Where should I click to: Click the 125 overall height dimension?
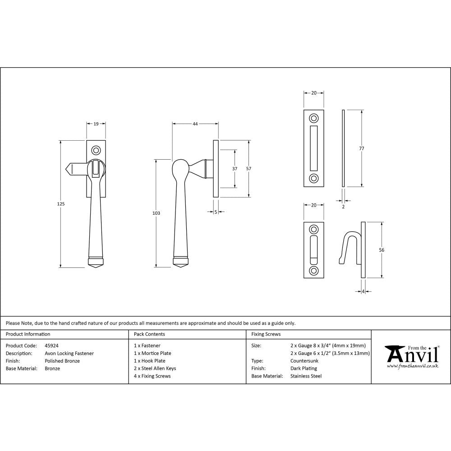coord(61,204)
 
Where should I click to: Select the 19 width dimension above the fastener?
coord(96,123)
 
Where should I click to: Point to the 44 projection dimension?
coord(195,123)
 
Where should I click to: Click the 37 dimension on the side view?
coord(235,168)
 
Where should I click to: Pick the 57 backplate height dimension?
coord(249,168)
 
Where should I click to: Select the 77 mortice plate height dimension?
coord(362,148)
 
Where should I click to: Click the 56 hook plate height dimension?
coord(382,249)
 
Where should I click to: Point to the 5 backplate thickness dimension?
coord(216,212)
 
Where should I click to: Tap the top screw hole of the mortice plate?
coord(313,119)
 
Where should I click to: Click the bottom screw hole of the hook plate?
coord(313,271)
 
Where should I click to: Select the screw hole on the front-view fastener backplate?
coord(96,150)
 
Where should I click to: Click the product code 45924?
coord(52,345)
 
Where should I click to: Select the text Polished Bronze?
coord(62,361)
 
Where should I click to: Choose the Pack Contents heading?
coord(149,334)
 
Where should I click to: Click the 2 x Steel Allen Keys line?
coord(155,368)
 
